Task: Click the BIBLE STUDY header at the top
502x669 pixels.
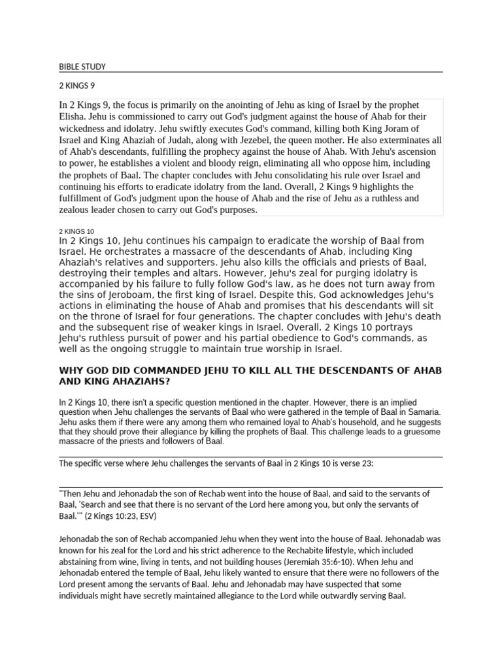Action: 82,67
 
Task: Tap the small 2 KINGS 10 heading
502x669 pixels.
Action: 76,231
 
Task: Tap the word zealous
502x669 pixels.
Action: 76,210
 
